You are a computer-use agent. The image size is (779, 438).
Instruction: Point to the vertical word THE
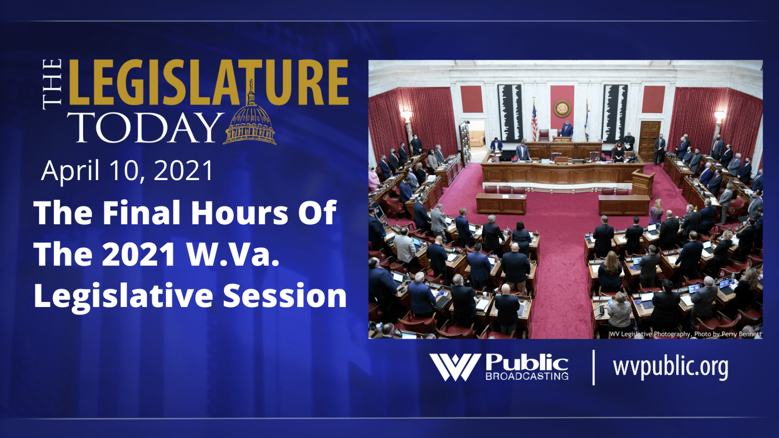(x=53, y=84)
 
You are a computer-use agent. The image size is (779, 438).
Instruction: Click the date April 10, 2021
(x=127, y=171)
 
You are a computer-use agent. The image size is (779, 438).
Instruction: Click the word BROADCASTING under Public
(x=527, y=377)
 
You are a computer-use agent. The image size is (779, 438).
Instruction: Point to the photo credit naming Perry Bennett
(x=685, y=334)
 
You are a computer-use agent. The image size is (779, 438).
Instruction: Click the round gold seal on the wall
(x=562, y=108)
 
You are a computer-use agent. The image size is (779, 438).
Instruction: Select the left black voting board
(x=509, y=113)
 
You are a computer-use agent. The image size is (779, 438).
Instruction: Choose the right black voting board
(x=615, y=113)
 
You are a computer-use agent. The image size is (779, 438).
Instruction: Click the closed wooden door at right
(x=649, y=141)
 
